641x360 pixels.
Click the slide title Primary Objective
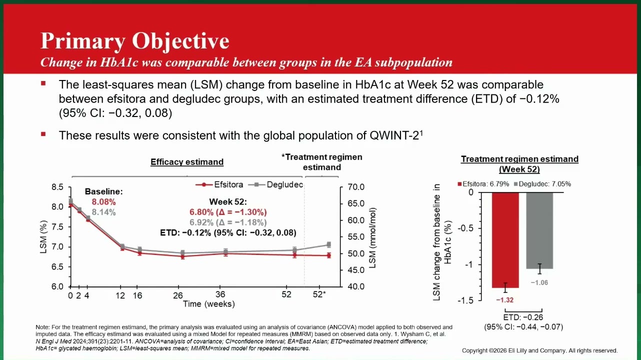pos(135,41)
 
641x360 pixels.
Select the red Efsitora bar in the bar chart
pos(505,240)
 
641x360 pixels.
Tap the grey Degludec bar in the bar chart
pos(539,230)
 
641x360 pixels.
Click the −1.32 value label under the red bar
pos(505,300)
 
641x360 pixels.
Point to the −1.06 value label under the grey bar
pos(539,282)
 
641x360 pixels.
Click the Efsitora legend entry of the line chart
pos(219,184)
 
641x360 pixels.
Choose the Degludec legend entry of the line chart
pos(275,184)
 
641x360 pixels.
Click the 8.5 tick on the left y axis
pos(57,187)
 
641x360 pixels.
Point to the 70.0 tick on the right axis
pos(356,187)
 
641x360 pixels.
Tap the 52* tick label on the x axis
pos(319,294)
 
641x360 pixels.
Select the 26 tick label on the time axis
pos(178,295)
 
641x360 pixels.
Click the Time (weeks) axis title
pos(209,304)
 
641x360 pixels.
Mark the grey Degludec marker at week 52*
pos(329,244)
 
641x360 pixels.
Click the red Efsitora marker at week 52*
pos(329,255)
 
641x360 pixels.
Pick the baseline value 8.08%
pos(103,202)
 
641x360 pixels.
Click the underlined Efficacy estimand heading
pos(187,162)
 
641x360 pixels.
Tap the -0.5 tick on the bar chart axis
pos(465,228)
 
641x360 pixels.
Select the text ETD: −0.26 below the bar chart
pos(523,317)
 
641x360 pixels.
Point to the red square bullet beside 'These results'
pos(43,134)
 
